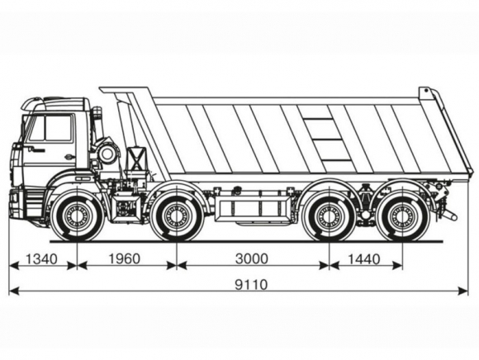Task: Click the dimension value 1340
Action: click(x=41, y=259)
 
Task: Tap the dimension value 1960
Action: click(x=125, y=258)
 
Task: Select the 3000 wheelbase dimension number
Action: click(x=251, y=258)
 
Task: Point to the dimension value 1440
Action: click(x=364, y=259)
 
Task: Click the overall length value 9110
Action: click(x=251, y=285)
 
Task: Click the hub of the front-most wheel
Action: click(x=76, y=215)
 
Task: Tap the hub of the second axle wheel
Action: click(x=176, y=215)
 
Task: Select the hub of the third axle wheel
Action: click(x=329, y=215)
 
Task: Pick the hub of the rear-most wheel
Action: click(x=402, y=215)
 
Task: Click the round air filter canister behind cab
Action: click(x=107, y=154)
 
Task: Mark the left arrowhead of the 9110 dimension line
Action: click(x=14, y=291)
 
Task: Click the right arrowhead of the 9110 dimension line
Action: click(x=462, y=291)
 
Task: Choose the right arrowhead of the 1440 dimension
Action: click(x=397, y=266)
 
